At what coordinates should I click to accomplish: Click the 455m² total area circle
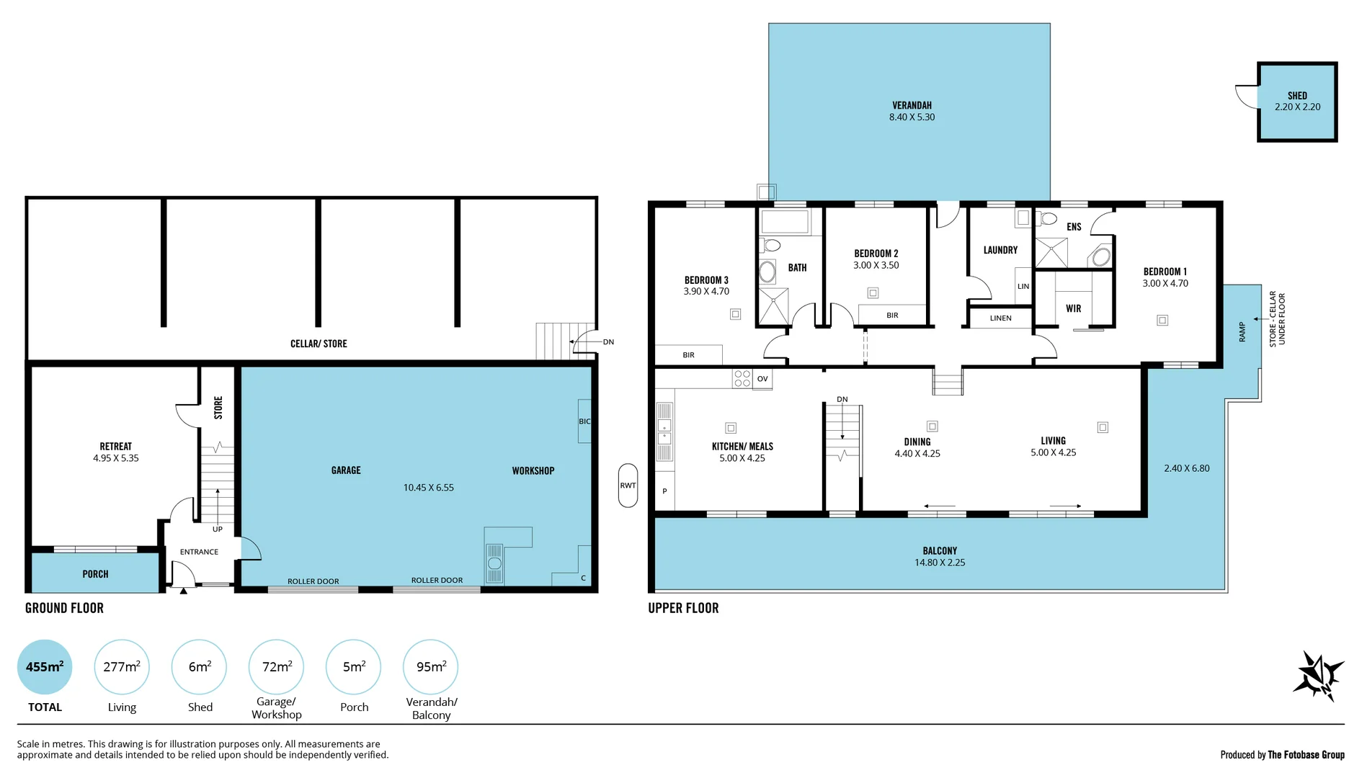point(45,667)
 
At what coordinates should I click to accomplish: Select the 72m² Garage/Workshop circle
point(276,667)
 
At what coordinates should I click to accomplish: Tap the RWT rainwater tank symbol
point(628,486)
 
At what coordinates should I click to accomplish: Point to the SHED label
point(1297,95)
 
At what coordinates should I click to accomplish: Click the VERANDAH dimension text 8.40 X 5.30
point(912,117)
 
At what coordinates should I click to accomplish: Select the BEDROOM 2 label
point(876,254)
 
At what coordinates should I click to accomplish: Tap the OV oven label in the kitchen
point(762,379)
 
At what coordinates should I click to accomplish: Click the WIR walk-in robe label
point(1073,308)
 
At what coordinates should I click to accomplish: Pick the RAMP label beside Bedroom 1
point(1242,331)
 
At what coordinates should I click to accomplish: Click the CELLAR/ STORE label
point(319,344)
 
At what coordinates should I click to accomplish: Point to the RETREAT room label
point(115,447)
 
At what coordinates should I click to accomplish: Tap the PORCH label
point(95,574)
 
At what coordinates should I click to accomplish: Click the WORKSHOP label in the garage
point(533,470)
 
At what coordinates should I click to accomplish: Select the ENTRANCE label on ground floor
point(199,552)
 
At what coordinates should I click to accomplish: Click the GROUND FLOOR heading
point(64,608)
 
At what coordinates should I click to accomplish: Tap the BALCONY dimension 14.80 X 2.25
point(939,563)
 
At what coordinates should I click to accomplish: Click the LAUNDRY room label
point(1000,250)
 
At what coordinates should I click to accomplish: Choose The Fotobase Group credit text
point(1305,755)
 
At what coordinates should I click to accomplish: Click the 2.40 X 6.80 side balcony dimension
point(1186,468)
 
